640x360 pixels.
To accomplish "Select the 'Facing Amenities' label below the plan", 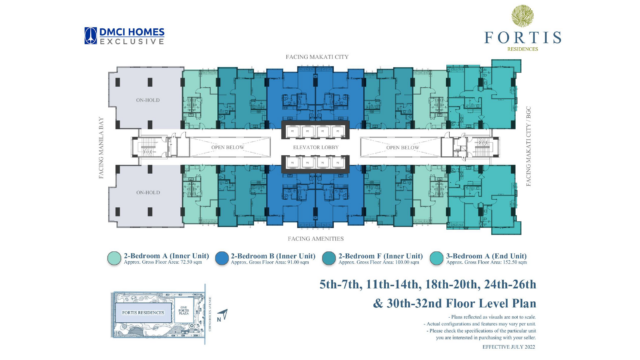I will (x=317, y=239).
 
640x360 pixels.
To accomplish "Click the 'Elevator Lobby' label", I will (x=317, y=150).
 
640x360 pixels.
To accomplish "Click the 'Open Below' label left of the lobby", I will (x=229, y=150).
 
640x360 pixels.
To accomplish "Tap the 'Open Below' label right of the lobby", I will (x=405, y=150).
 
